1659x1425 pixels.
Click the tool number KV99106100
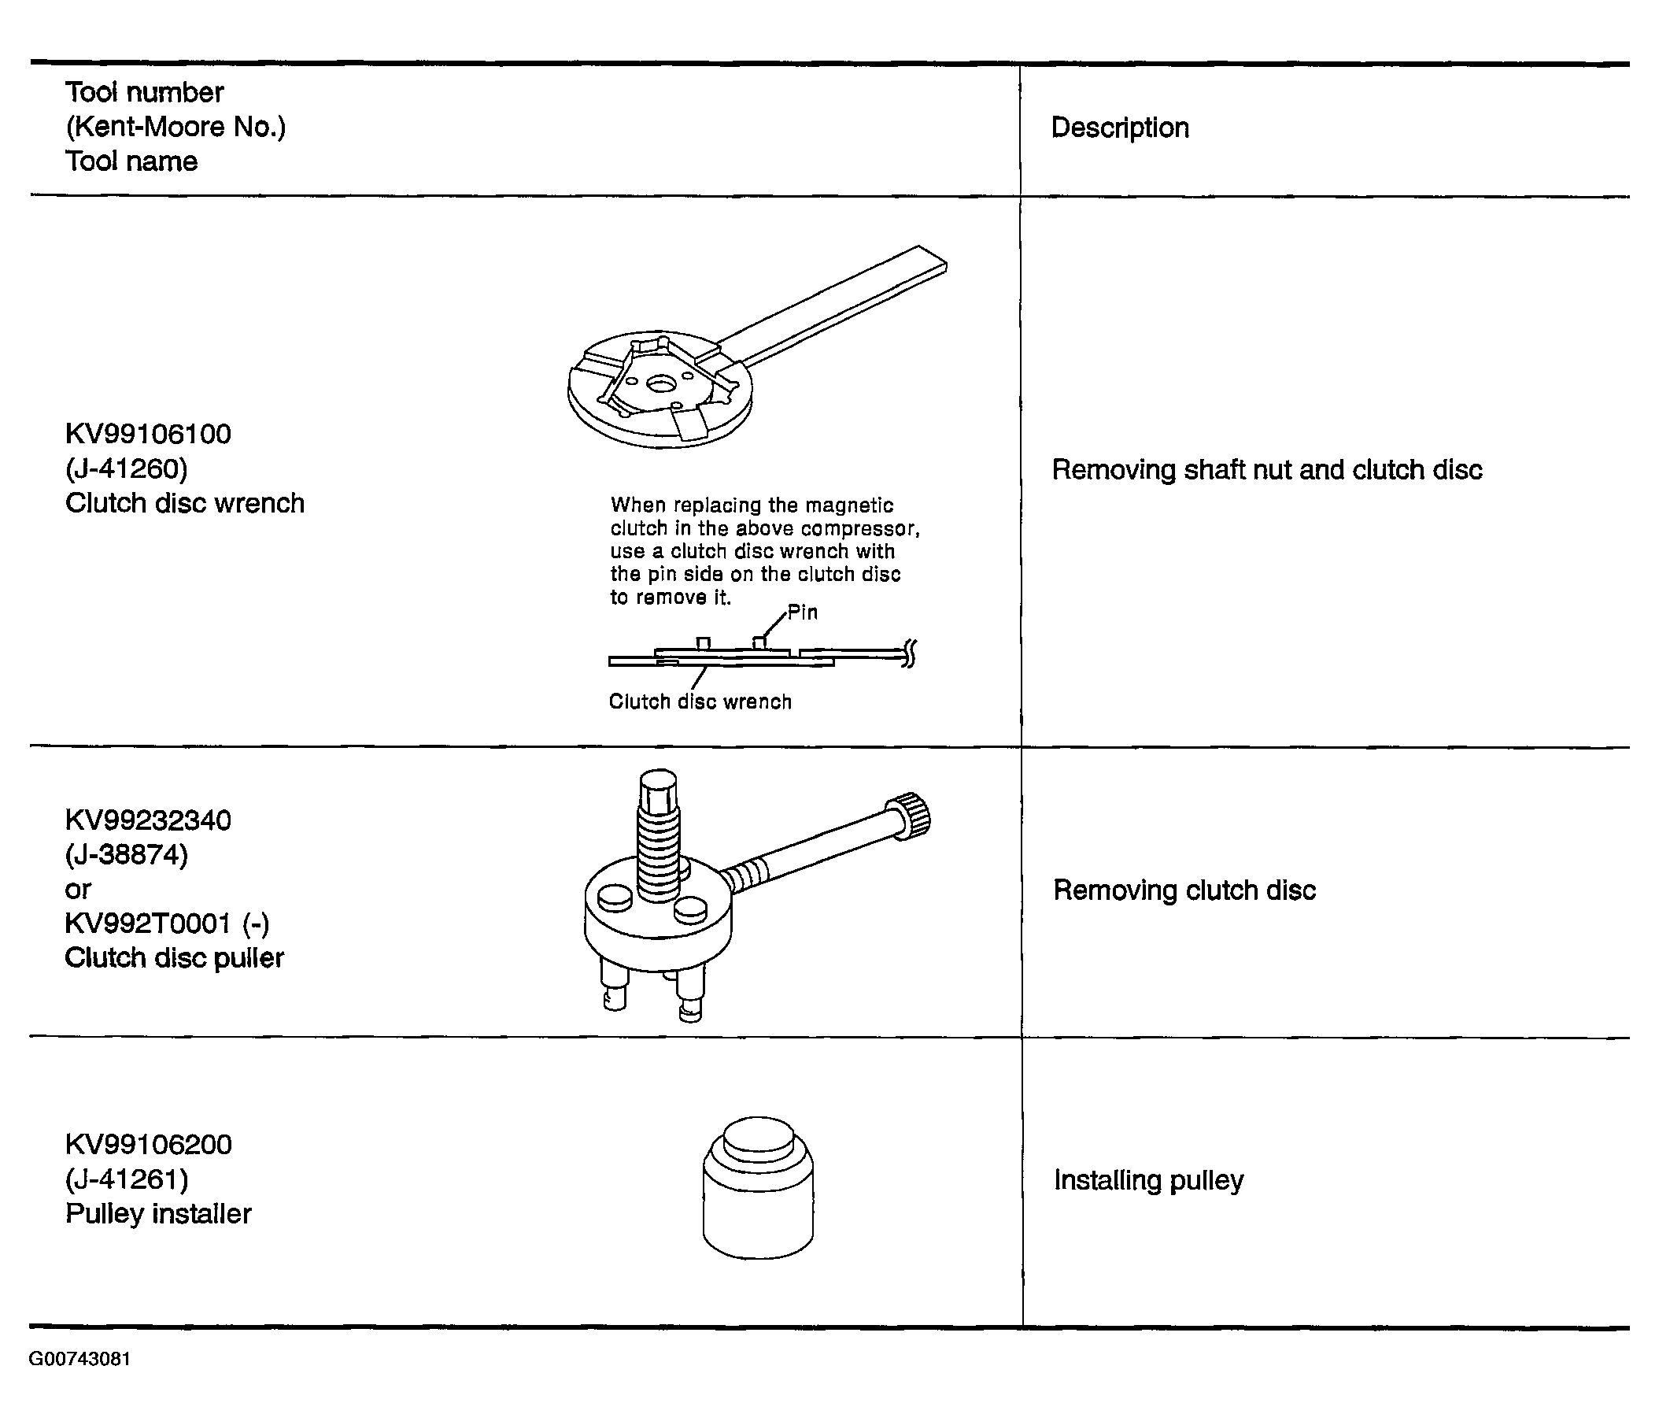click(148, 433)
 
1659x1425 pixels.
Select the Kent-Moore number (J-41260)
click(127, 468)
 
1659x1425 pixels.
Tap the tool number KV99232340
click(148, 820)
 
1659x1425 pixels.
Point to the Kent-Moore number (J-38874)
click(127, 855)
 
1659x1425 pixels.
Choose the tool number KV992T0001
click(148, 923)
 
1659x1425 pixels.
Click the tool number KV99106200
click(148, 1144)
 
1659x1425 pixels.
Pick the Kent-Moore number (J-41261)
click(127, 1179)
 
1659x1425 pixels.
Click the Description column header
click(1119, 128)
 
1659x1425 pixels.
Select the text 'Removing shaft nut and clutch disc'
click(1266, 469)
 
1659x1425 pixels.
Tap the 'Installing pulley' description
click(1148, 1181)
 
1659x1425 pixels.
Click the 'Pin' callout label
click(802, 613)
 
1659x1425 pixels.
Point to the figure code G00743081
click(79, 1360)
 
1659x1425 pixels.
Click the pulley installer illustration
click(757, 1187)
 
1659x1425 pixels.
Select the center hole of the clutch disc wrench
click(660, 385)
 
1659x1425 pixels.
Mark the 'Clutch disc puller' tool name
click(175, 958)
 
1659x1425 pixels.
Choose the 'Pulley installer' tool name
click(158, 1214)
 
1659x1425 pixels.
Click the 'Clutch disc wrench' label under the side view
click(700, 701)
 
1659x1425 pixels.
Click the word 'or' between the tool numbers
click(78, 890)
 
